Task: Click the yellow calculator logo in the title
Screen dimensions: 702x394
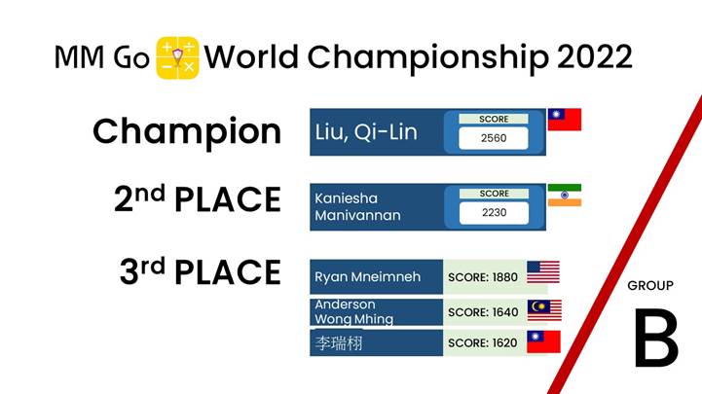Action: click(177, 57)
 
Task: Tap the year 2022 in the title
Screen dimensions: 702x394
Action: click(595, 57)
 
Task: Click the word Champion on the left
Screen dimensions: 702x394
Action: click(187, 131)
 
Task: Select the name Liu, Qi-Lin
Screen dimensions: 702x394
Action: click(366, 132)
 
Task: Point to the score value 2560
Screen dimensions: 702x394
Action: click(494, 138)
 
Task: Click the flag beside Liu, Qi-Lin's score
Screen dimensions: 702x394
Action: click(565, 120)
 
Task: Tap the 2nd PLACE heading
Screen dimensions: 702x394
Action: click(198, 199)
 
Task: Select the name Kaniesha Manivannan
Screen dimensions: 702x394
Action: click(357, 206)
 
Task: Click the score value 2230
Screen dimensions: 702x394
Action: click(494, 212)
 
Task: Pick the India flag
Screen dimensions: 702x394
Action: click(565, 195)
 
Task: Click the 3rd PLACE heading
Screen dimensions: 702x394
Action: click(201, 271)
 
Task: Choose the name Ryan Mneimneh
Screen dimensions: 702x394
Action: click(368, 277)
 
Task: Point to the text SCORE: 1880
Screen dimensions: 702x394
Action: click(483, 277)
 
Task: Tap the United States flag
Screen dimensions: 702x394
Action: click(543, 272)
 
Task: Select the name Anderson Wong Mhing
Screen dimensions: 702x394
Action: click(353, 311)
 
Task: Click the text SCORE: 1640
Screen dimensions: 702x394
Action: click(483, 312)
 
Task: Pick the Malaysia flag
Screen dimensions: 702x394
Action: click(544, 310)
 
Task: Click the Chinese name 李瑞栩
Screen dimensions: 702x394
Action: click(339, 343)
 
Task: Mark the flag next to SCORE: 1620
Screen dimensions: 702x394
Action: click(543, 342)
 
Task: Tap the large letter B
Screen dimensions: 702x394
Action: click(656, 339)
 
